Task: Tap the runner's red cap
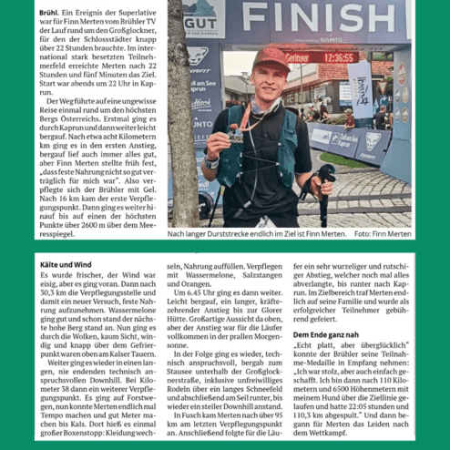[x=271, y=57]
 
